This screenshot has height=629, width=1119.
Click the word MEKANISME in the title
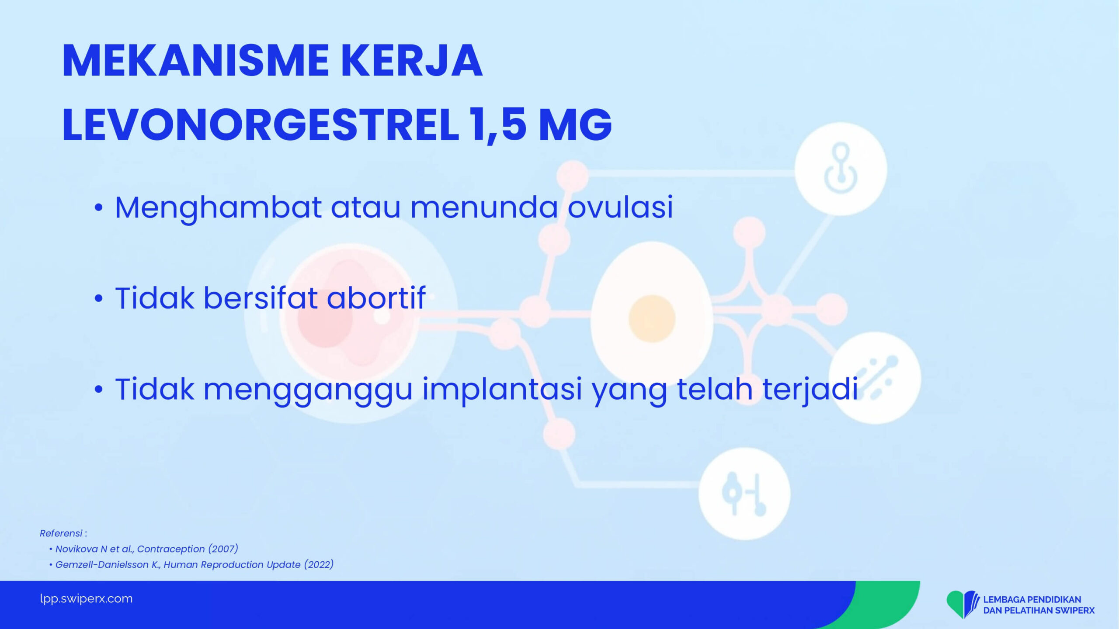click(195, 61)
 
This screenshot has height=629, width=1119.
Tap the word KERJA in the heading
click(411, 61)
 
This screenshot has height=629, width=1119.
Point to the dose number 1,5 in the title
click(498, 126)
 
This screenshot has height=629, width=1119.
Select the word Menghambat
click(218, 208)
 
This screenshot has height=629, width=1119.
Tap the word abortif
click(376, 298)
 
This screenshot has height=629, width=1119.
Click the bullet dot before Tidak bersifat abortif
click(99, 299)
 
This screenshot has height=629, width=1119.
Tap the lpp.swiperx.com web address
click(86, 598)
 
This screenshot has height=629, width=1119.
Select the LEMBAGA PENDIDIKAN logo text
click(1032, 600)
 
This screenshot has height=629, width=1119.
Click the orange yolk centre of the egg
click(652, 318)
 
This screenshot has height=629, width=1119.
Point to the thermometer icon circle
click(744, 494)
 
